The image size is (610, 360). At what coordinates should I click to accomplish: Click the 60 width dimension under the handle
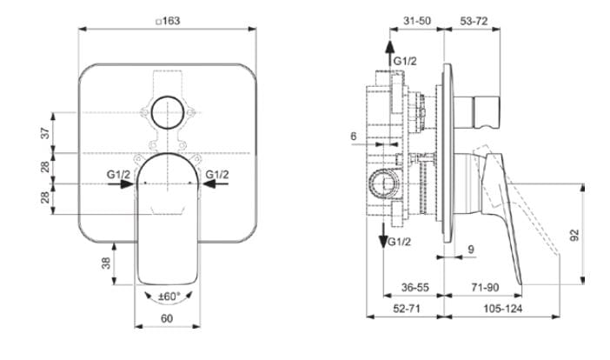[x=167, y=319]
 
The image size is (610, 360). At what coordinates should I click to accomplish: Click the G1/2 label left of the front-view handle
[x=118, y=175]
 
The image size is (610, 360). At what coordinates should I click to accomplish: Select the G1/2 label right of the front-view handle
[x=216, y=175]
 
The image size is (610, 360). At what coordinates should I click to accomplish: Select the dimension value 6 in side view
[x=354, y=137]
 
